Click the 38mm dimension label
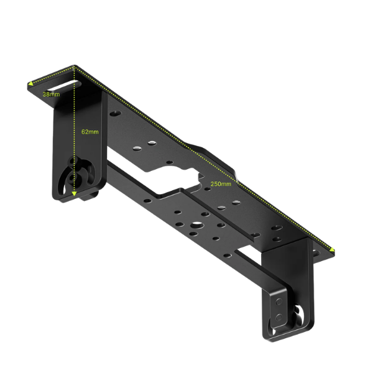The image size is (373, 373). tap(51, 94)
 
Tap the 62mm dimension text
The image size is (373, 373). tap(90, 132)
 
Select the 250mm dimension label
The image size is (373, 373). tap(221, 184)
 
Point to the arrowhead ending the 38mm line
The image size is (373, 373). tap(30, 83)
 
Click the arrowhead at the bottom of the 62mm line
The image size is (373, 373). tap(74, 193)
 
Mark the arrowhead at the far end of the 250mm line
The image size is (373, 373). tap(332, 249)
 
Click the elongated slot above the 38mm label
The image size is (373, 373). tap(64, 85)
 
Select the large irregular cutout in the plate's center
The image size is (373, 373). tap(172, 178)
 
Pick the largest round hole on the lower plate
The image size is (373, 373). tap(197, 224)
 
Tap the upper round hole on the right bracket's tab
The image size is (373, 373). tap(279, 302)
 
